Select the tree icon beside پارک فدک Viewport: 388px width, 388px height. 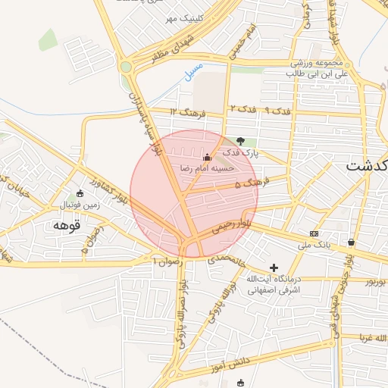(x=241, y=141)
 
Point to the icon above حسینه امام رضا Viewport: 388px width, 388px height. (x=207, y=156)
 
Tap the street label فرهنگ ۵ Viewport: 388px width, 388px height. (x=252, y=183)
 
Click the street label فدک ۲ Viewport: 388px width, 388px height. (x=242, y=109)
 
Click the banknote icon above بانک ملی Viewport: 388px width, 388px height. (x=314, y=233)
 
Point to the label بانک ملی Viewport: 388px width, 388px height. (x=314, y=245)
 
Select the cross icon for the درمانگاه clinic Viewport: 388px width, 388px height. (x=274, y=268)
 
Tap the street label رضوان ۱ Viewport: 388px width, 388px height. (x=167, y=260)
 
